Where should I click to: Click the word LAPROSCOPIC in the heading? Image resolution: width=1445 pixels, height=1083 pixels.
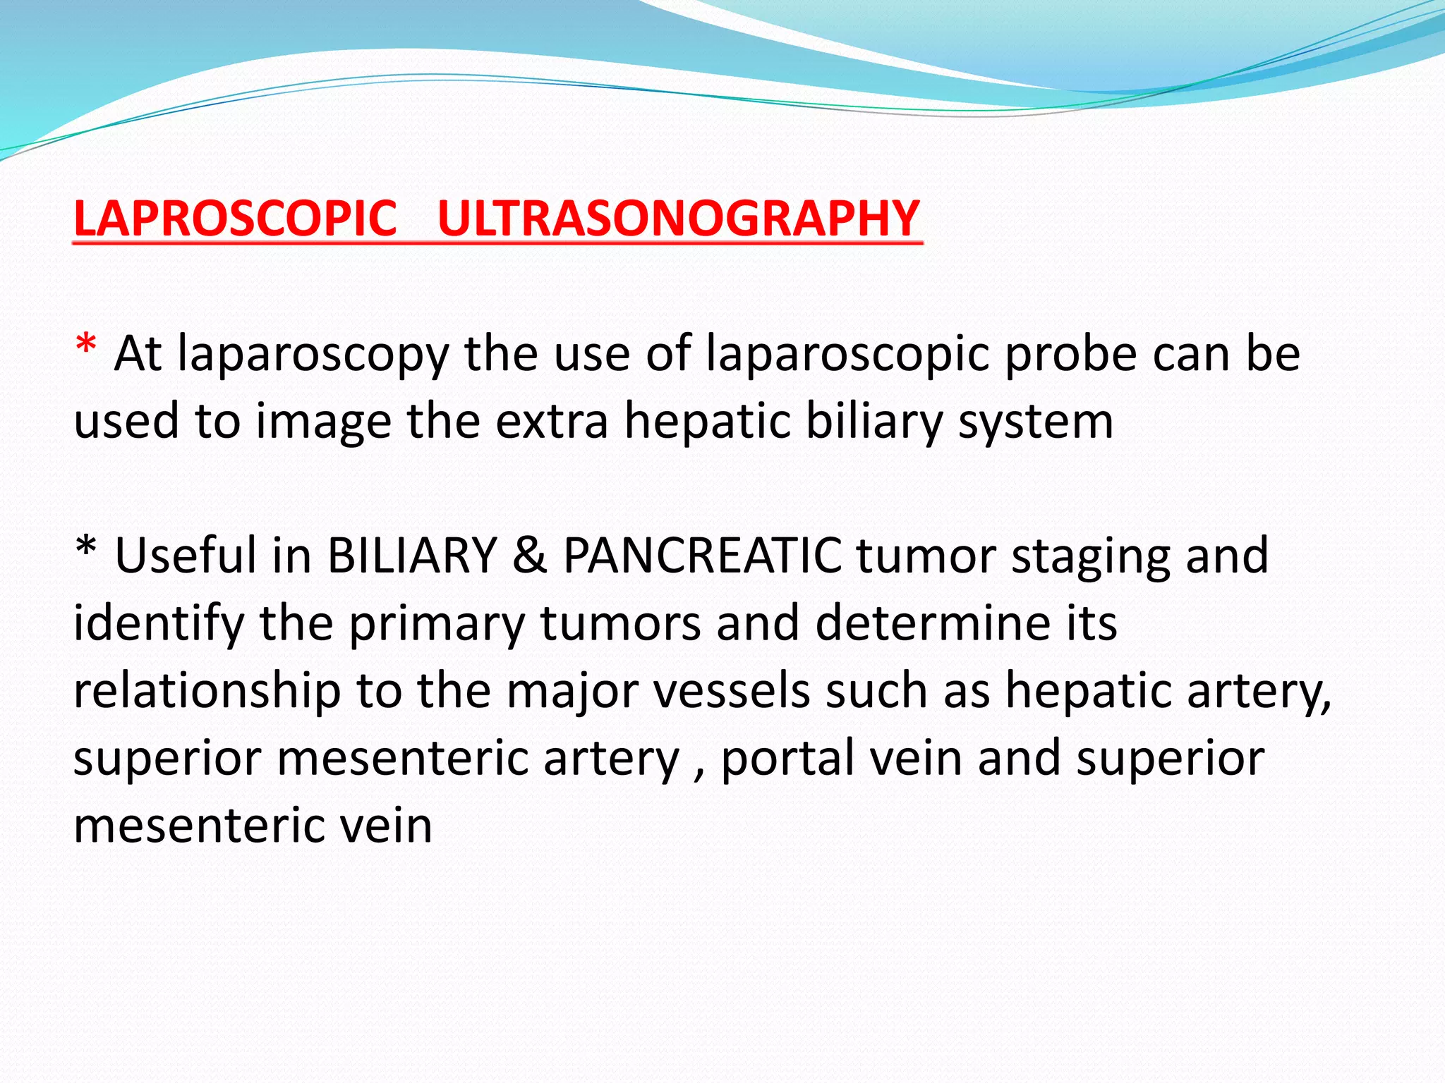(x=235, y=219)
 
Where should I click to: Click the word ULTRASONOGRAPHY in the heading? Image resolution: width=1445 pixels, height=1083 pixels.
(x=679, y=219)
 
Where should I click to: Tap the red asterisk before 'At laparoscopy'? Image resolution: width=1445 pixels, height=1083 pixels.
(x=86, y=347)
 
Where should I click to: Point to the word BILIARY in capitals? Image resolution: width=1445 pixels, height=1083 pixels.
(x=412, y=556)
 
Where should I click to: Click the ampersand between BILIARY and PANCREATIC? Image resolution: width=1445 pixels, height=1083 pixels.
(x=530, y=556)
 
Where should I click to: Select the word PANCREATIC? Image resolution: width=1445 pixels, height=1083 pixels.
(x=702, y=556)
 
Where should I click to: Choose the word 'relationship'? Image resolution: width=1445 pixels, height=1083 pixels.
(x=207, y=691)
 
